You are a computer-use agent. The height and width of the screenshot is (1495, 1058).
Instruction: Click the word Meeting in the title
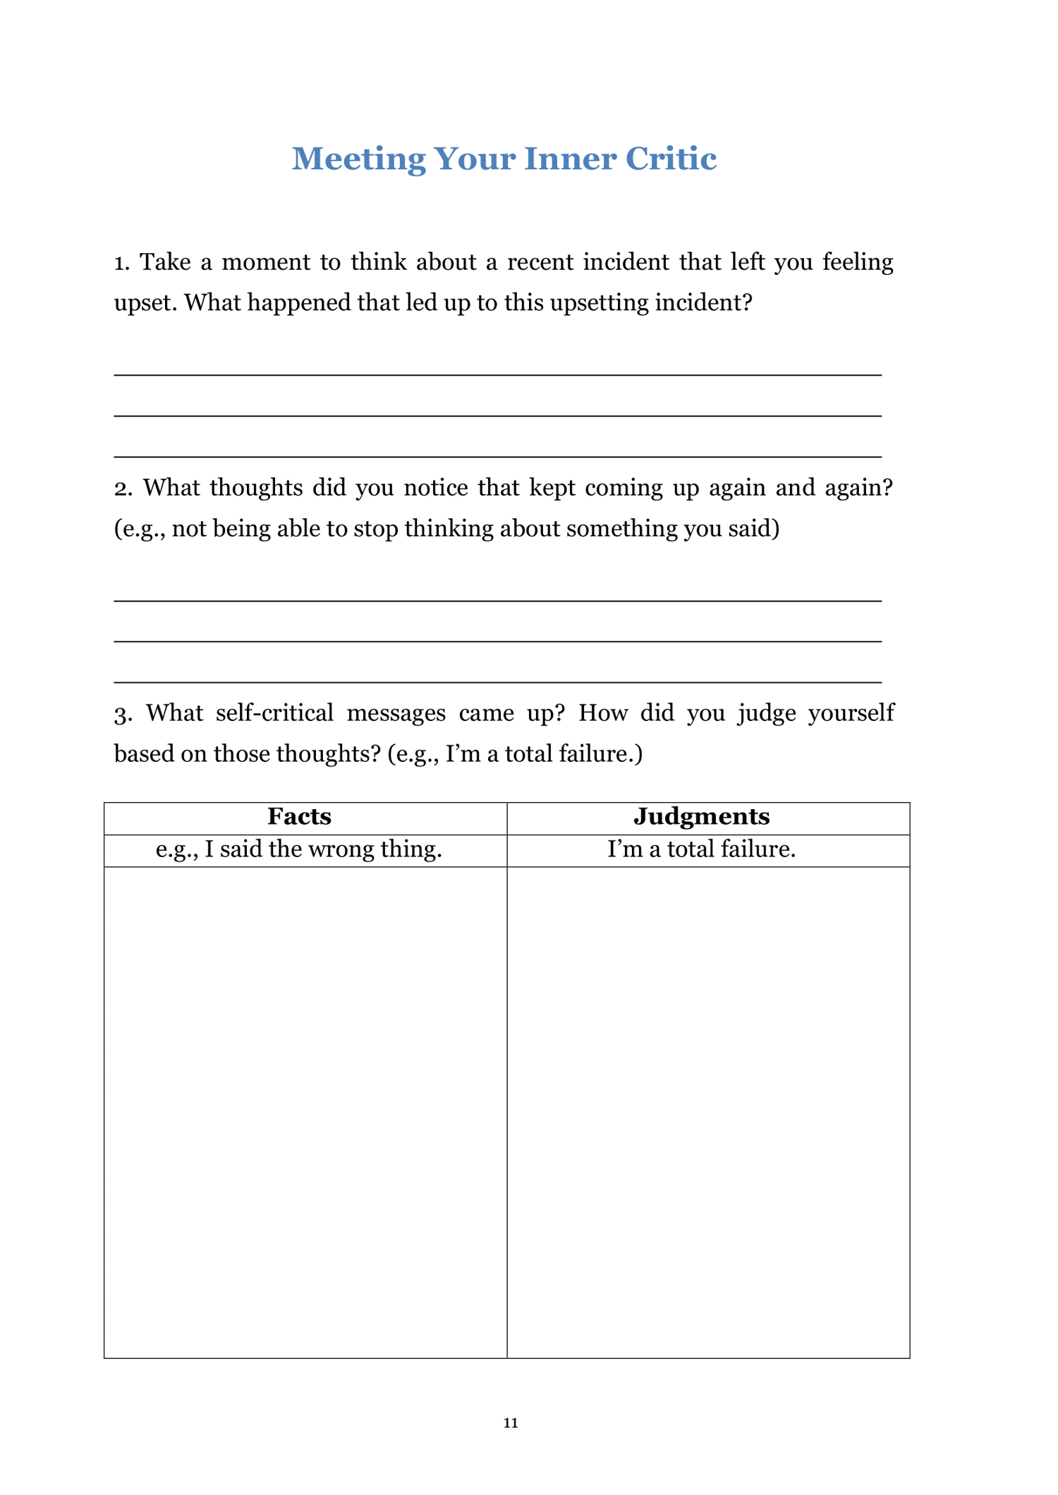[x=358, y=159]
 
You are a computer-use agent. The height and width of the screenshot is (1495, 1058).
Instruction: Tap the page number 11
[x=511, y=1422]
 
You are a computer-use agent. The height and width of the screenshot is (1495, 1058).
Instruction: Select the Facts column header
[x=299, y=816]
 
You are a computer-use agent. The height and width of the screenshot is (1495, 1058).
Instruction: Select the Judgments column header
[x=701, y=816]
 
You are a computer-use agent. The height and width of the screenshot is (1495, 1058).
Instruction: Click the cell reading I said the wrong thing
[x=299, y=849]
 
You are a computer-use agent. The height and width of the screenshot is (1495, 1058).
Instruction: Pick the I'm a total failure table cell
[x=701, y=849]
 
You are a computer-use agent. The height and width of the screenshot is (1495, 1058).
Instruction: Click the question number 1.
[x=121, y=263]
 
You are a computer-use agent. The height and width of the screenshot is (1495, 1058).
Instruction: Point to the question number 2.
[x=123, y=488]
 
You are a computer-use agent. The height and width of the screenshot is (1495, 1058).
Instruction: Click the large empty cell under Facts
[x=305, y=1112]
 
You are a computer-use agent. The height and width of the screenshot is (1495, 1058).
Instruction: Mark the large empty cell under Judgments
[x=708, y=1112]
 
